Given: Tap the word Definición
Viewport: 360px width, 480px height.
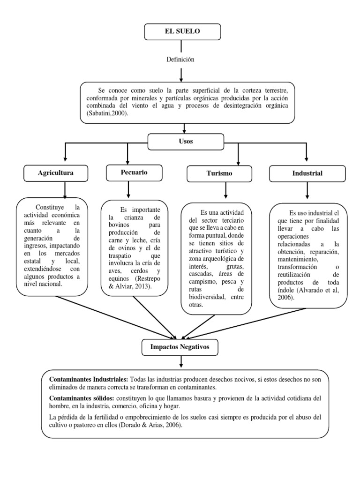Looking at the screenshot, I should point(180,60).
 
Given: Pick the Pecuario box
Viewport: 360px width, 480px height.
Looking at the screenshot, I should point(134,172).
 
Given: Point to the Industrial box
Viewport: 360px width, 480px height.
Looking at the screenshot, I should point(307,173).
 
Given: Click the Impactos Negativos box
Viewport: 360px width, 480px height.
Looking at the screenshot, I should point(180,347).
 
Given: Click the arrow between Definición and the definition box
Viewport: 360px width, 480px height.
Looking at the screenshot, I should point(180,74).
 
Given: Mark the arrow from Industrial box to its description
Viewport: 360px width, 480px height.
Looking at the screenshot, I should point(307,190).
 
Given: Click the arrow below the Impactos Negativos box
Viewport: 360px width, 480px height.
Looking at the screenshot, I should point(180,362).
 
